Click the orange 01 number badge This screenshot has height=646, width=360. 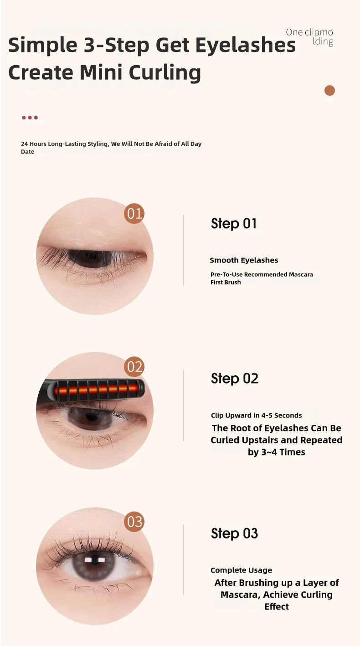coord(134,213)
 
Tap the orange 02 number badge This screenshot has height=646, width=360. coord(134,367)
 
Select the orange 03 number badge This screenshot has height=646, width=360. coord(134,522)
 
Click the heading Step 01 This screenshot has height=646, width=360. coord(234,223)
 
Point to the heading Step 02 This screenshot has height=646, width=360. coord(234,378)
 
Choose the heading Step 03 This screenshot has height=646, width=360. coord(234,533)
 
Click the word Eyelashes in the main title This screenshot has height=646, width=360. coord(246,46)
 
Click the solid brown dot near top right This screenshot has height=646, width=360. coord(329,90)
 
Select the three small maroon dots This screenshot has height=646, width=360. coord(30,118)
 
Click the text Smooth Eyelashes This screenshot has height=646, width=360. coord(244,260)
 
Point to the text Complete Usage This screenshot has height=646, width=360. coord(241,570)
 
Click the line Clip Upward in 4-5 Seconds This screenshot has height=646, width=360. coord(256,415)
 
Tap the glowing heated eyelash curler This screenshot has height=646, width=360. coord(96,390)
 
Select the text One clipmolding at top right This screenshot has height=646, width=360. coord(309,37)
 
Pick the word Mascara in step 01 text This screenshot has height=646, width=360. coord(301,274)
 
